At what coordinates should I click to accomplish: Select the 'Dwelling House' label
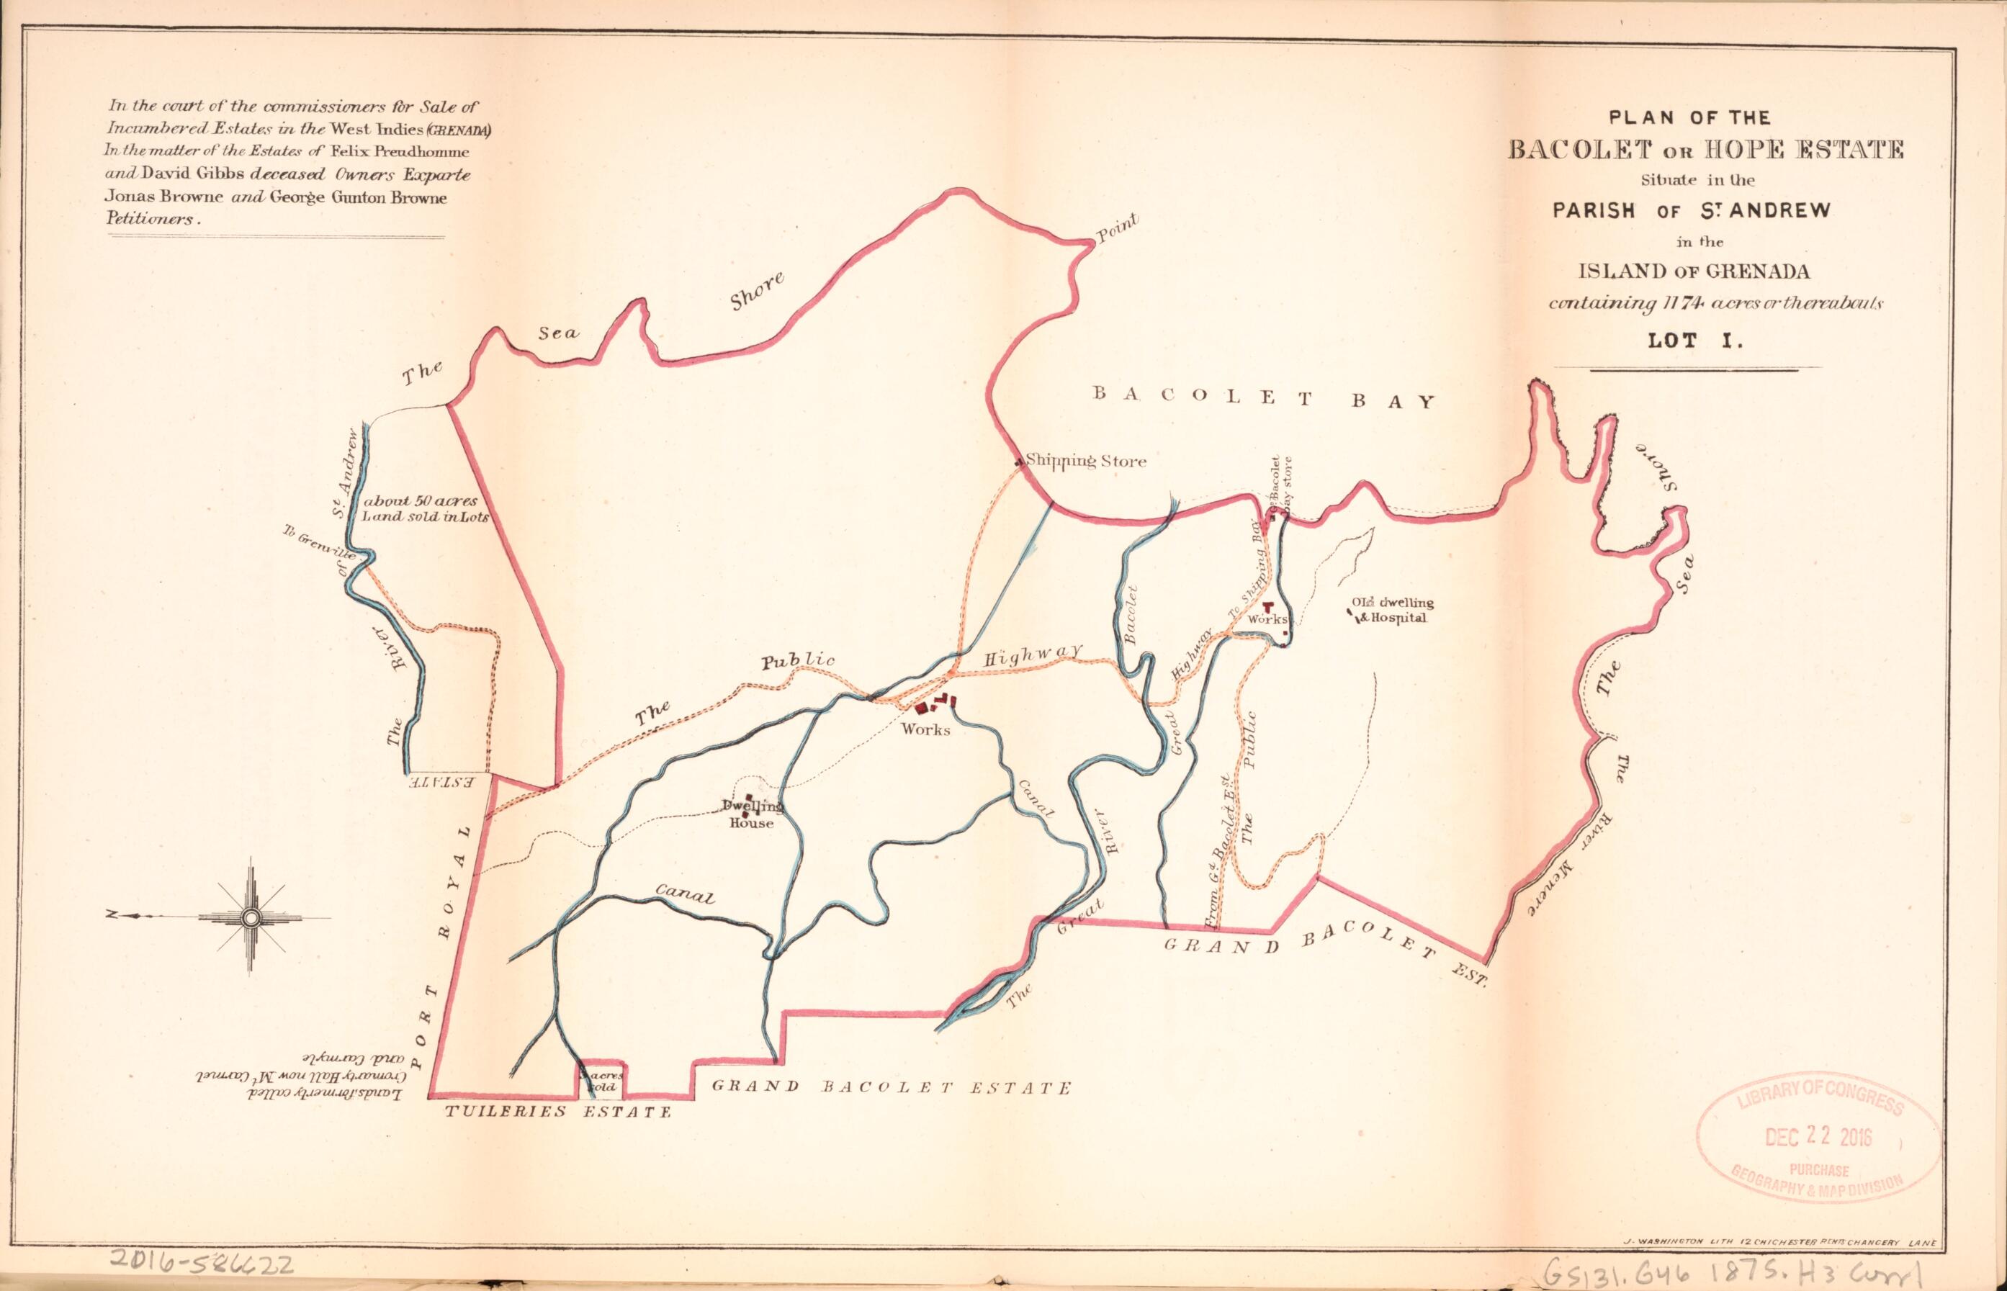pos(751,815)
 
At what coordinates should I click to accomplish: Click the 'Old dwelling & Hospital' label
pos(1393,611)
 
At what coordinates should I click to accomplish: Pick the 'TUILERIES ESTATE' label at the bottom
pos(558,1112)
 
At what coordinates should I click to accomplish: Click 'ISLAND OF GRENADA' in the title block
pos(1687,271)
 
